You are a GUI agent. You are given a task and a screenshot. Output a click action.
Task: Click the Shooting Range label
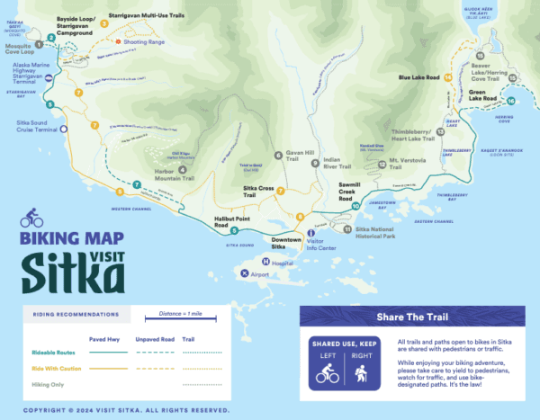click(x=144, y=40)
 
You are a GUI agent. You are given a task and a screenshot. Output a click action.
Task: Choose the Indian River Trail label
click(x=340, y=164)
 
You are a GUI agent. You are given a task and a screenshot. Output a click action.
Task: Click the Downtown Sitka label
click(x=292, y=240)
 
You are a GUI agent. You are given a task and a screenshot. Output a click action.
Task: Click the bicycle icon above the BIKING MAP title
click(x=31, y=217)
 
